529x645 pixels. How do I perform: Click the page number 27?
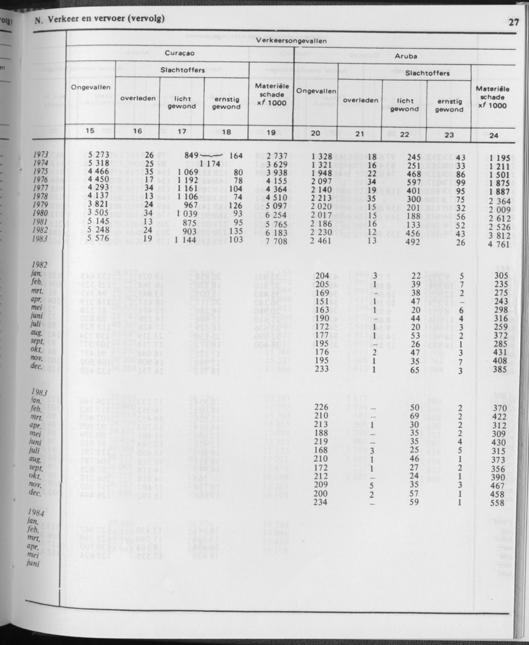click(x=513, y=23)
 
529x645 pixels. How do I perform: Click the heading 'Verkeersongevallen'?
click(x=291, y=40)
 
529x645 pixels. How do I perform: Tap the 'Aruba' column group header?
click(x=405, y=55)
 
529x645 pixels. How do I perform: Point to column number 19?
click(x=270, y=132)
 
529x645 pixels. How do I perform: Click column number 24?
click(x=494, y=135)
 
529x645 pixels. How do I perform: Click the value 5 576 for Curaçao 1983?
click(x=98, y=238)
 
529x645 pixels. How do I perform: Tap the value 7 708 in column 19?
click(x=273, y=240)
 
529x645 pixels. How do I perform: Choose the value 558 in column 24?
click(x=497, y=503)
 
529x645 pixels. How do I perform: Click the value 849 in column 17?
click(x=195, y=155)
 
